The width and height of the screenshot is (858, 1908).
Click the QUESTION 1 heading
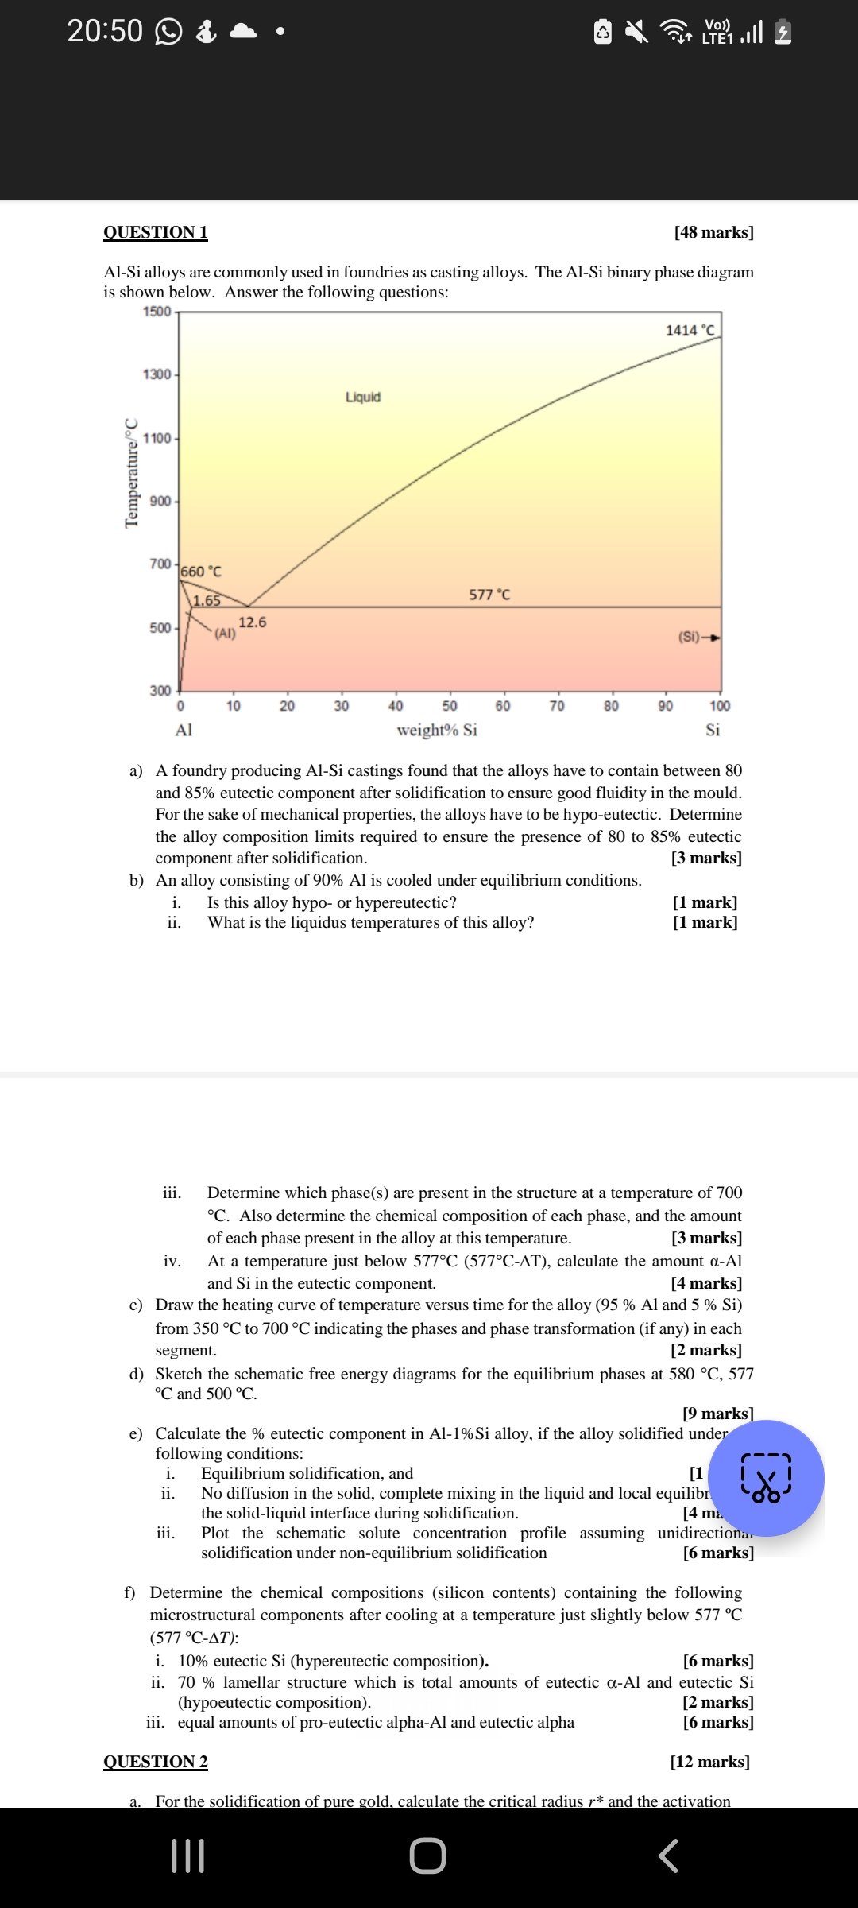[x=156, y=232]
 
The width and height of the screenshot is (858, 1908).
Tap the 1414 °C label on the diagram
[x=690, y=330]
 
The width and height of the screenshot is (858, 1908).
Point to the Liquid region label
[x=363, y=397]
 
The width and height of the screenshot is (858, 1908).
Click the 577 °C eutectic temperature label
[x=489, y=595]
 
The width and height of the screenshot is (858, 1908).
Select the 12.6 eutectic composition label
[x=253, y=622]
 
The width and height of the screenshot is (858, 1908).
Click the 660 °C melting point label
[x=202, y=572]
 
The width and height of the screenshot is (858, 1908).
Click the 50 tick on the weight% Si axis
[x=450, y=706]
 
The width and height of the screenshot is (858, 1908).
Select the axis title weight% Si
[x=437, y=730]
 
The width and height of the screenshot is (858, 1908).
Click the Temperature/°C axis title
[x=132, y=472]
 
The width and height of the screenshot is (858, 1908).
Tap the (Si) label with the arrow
[x=698, y=637]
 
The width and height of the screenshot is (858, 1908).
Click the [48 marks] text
[x=713, y=232]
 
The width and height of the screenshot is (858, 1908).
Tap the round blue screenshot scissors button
[x=766, y=1478]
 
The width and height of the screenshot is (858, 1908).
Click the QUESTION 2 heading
[x=156, y=1762]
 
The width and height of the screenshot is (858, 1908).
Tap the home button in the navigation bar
[x=428, y=1856]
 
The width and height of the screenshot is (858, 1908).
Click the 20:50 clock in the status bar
[x=105, y=31]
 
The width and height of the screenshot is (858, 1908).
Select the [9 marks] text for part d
[x=717, y=1414]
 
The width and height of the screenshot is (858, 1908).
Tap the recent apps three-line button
[x=188, y=1856]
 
